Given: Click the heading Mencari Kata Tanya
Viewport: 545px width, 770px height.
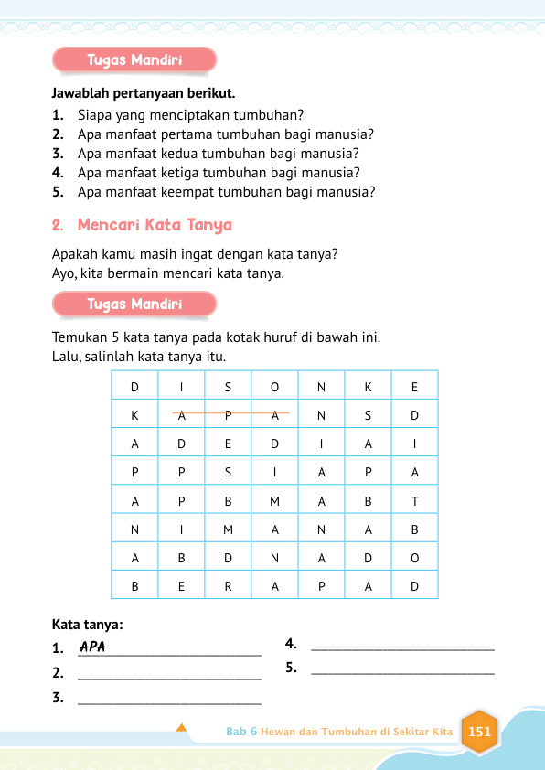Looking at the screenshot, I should pos(155,225).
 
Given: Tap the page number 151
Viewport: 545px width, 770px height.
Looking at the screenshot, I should pos(479,732).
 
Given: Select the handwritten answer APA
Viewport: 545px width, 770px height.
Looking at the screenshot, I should pos(93,647).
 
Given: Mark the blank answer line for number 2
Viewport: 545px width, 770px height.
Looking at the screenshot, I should pos(170,676).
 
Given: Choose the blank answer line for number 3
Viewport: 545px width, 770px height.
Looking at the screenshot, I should pos(170,701).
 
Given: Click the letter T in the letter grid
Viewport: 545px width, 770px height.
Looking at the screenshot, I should pos(414,501).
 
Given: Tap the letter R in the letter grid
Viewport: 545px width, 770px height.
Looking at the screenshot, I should pos(228,587).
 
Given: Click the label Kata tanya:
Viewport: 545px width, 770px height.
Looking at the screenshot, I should pos(88,626).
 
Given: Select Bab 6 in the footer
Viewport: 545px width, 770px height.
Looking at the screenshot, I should pos(241,733).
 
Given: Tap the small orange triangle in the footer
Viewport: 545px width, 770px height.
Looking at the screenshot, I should pos(181,728).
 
